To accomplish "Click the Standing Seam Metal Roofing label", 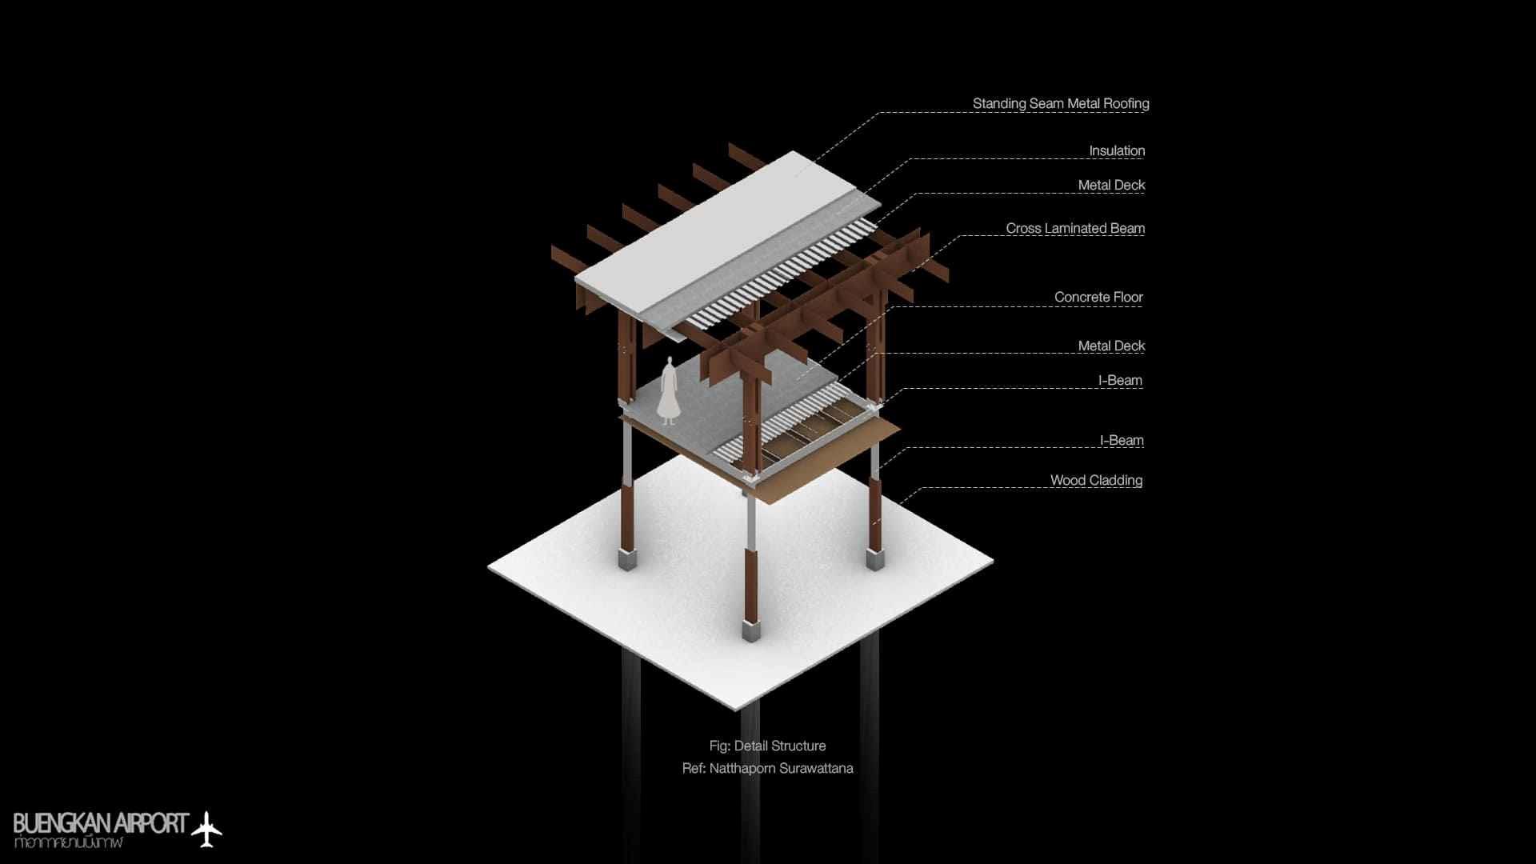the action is pos(1060,104).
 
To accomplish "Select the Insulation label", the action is pos(1116,151).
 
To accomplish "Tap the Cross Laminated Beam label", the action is pos(1074,229).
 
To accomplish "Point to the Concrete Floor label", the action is pos(1098,298).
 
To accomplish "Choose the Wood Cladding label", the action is pos(1095,481).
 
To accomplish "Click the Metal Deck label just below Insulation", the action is pos(1110,186).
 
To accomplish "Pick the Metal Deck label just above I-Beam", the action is pos(1110,346).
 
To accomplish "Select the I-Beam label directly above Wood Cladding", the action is pos(1121,441).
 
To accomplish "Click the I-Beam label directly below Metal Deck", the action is pos(1119,381).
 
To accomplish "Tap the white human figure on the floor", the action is pos(668,392).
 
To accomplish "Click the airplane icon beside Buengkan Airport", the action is pos(207,829).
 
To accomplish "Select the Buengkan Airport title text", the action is pos(101,823).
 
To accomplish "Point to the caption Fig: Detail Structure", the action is pos(766,746).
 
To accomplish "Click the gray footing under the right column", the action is pos(875,558).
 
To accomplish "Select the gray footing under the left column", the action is pos(626,558).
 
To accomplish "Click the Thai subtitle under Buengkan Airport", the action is pos(69,843).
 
